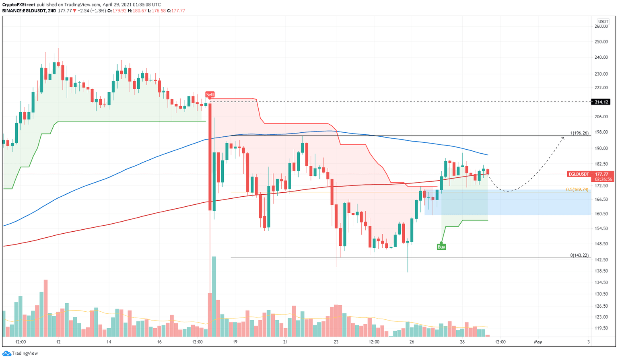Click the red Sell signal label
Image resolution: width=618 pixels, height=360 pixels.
210,95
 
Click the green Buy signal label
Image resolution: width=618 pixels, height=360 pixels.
441,247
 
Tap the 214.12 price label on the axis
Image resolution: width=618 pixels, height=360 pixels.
602,102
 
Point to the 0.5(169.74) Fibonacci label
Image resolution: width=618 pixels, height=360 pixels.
577,189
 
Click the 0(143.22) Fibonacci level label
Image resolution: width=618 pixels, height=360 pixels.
579,255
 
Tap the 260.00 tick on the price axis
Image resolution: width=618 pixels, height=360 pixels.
601,27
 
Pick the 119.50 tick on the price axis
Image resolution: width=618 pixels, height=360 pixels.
601,328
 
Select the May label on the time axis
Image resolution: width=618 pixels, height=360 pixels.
538,342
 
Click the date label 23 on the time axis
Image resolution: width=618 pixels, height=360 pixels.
336,342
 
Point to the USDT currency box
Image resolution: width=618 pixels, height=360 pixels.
603,22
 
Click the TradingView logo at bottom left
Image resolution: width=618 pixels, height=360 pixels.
21,353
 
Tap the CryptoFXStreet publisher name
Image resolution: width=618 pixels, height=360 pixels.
19,4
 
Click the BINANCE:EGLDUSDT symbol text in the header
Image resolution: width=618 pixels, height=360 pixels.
23,10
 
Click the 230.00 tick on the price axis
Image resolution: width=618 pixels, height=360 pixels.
601,74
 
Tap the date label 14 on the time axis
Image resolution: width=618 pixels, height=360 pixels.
109,342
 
